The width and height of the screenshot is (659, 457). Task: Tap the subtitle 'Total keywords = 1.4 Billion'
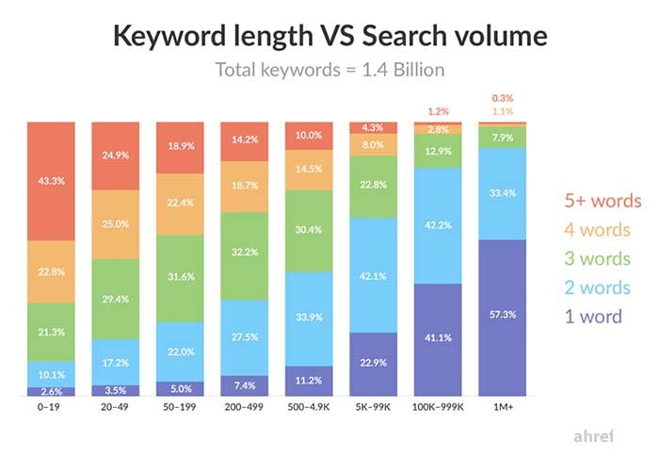click(x=329, y=70)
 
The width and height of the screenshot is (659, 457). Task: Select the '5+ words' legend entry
click(x=602, y=201)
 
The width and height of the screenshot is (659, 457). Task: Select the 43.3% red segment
click(x=52, y=181)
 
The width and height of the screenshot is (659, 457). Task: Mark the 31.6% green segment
click(x=180, y=278)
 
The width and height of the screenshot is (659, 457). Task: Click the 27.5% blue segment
click(x=244, y=335)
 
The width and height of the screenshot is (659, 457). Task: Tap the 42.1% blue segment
click(x=372, y=277)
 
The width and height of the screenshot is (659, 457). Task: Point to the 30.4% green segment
click(x=308, y=231)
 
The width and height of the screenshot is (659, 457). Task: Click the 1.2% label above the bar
click(x=437, y=110)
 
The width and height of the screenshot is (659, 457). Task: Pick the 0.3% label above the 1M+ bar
click(x=501, y=98)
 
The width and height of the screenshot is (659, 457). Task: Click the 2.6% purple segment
click(x=52, y=391)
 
